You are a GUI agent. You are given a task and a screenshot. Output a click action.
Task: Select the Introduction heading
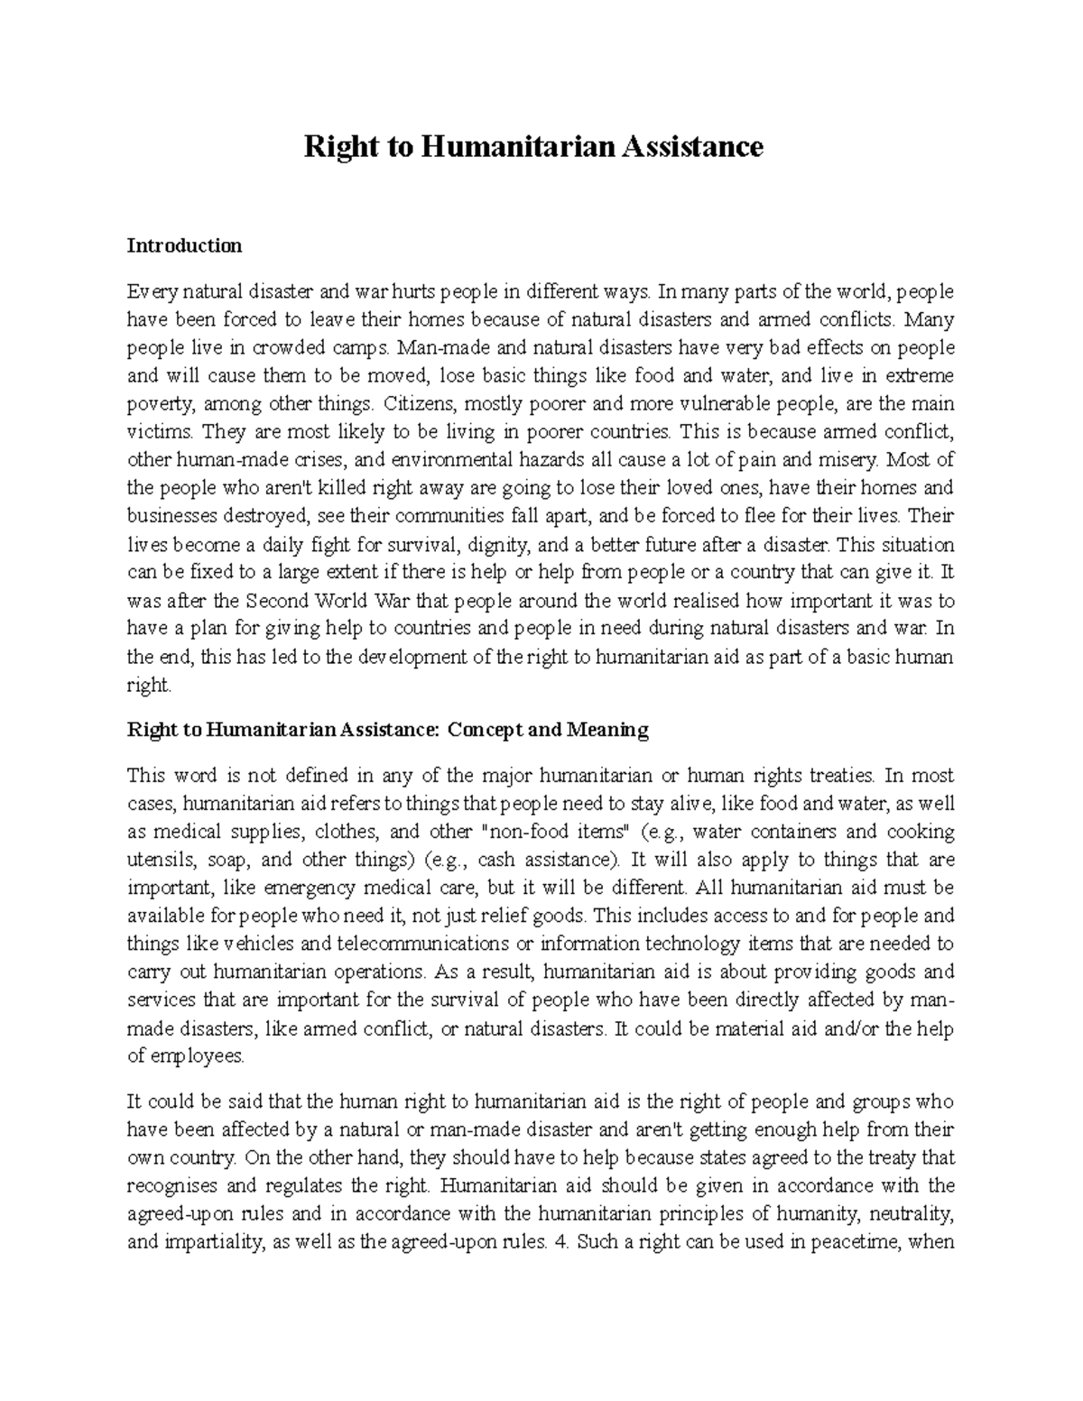(184, 245)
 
